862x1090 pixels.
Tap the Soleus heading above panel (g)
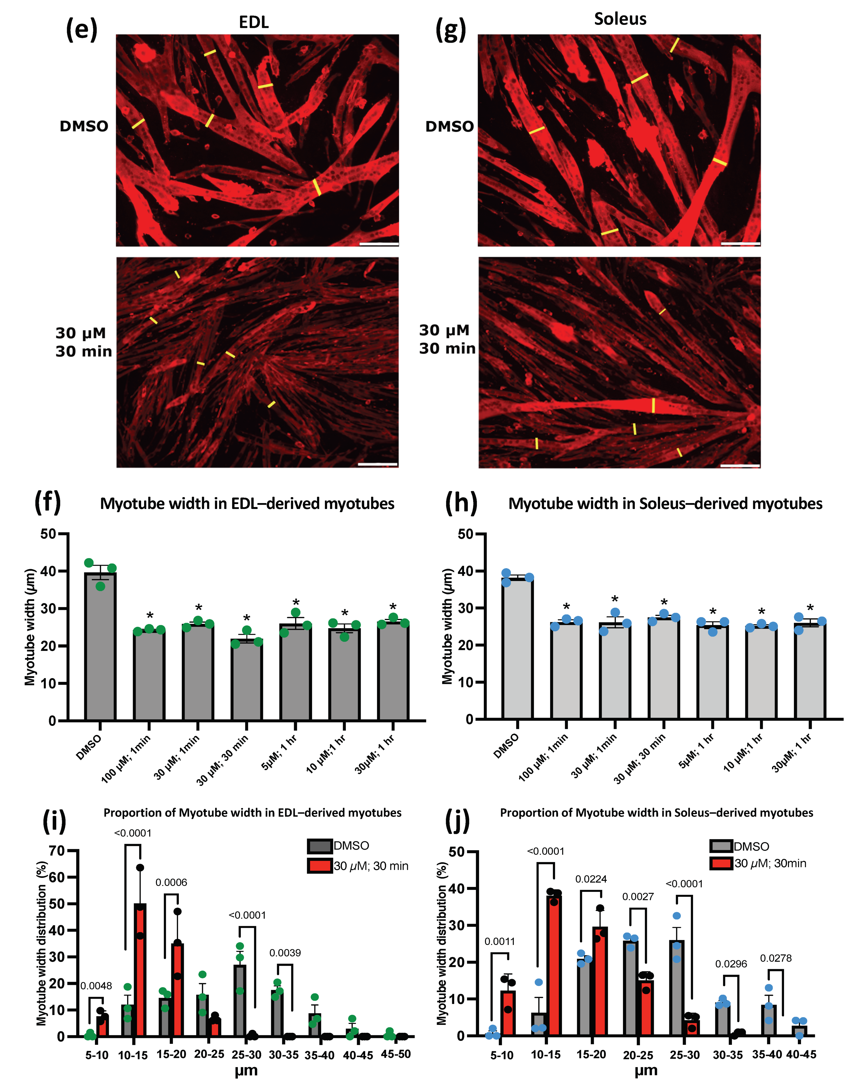pyautogui.click(x=620, y=19)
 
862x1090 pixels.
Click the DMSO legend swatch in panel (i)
pyautogui.click(x=319, y=846)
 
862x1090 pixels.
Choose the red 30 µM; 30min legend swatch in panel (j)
pyautogui.click(x=721, y=864)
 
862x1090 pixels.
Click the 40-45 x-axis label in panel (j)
pyautogui.click(x=801, y=1054)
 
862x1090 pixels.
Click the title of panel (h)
pyautogui.click(x=665, y=504)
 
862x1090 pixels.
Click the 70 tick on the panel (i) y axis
pyautogui.click(x=57, y=851)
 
